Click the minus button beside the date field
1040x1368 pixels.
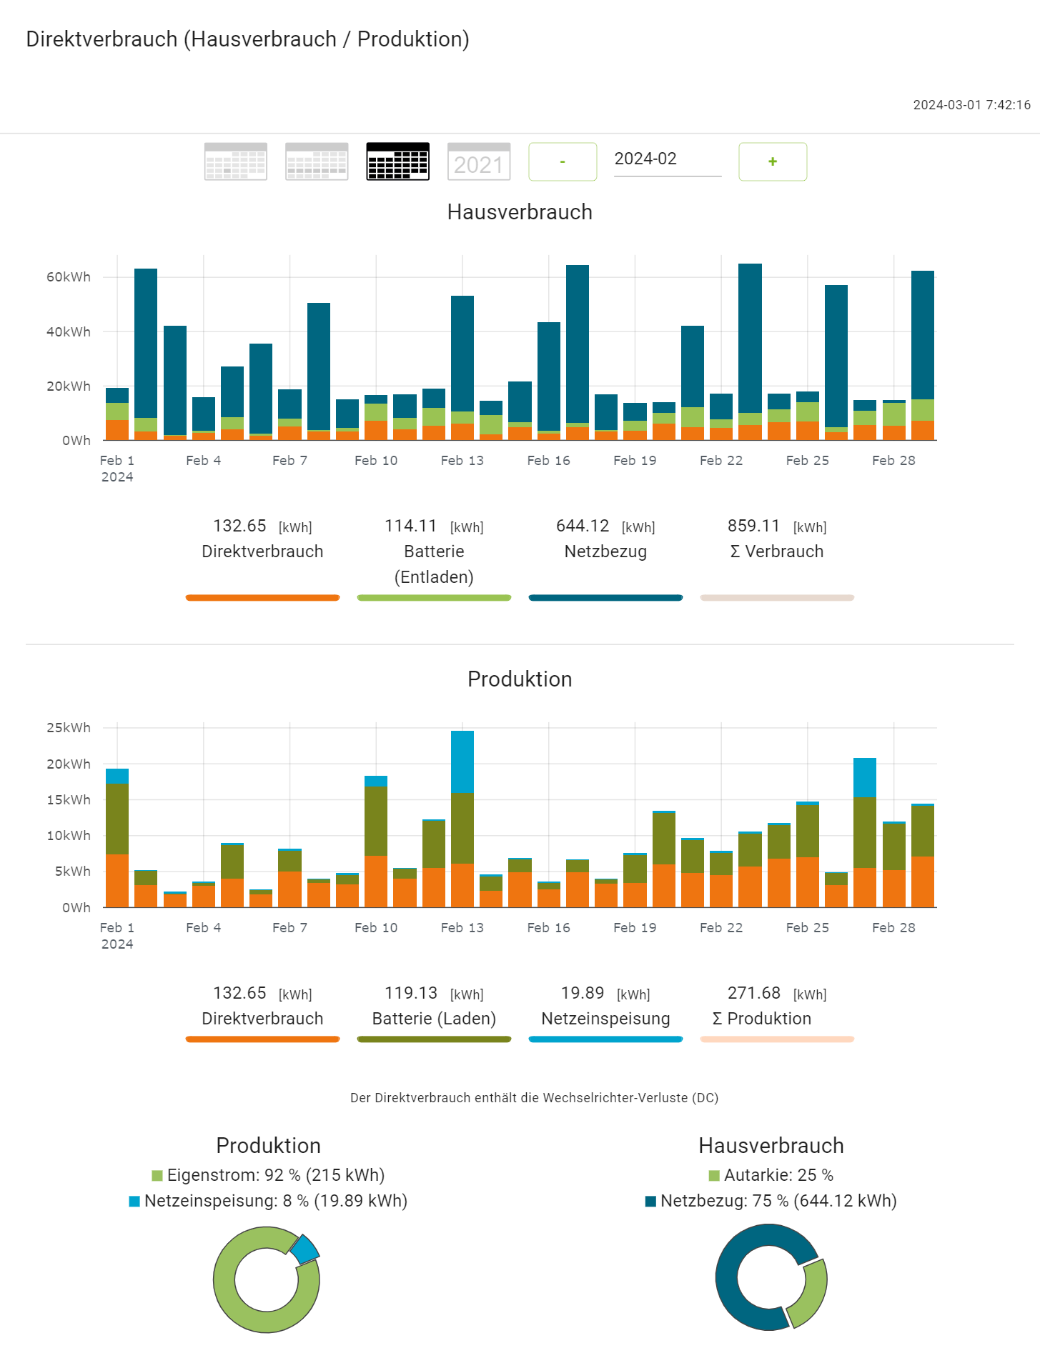563,162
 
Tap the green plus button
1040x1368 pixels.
773,162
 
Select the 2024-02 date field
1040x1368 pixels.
667,159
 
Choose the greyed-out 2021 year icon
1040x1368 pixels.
478,162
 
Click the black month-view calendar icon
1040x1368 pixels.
397,162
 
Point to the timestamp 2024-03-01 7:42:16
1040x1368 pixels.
971,105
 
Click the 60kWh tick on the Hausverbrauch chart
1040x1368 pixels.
69,277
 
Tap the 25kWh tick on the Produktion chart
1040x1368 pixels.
69,728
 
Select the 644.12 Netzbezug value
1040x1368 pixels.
583,526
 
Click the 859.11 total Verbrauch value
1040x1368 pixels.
753,526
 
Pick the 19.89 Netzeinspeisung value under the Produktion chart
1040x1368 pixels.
583,994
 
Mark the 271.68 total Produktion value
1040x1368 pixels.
753,994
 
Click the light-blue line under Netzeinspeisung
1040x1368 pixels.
605,1039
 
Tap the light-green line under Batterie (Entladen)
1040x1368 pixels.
434,598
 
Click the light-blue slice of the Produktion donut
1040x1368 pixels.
304,1249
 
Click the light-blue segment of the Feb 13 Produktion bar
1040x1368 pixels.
462,762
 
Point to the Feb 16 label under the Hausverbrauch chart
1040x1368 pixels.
548,461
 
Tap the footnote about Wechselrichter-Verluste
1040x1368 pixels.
534,1098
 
